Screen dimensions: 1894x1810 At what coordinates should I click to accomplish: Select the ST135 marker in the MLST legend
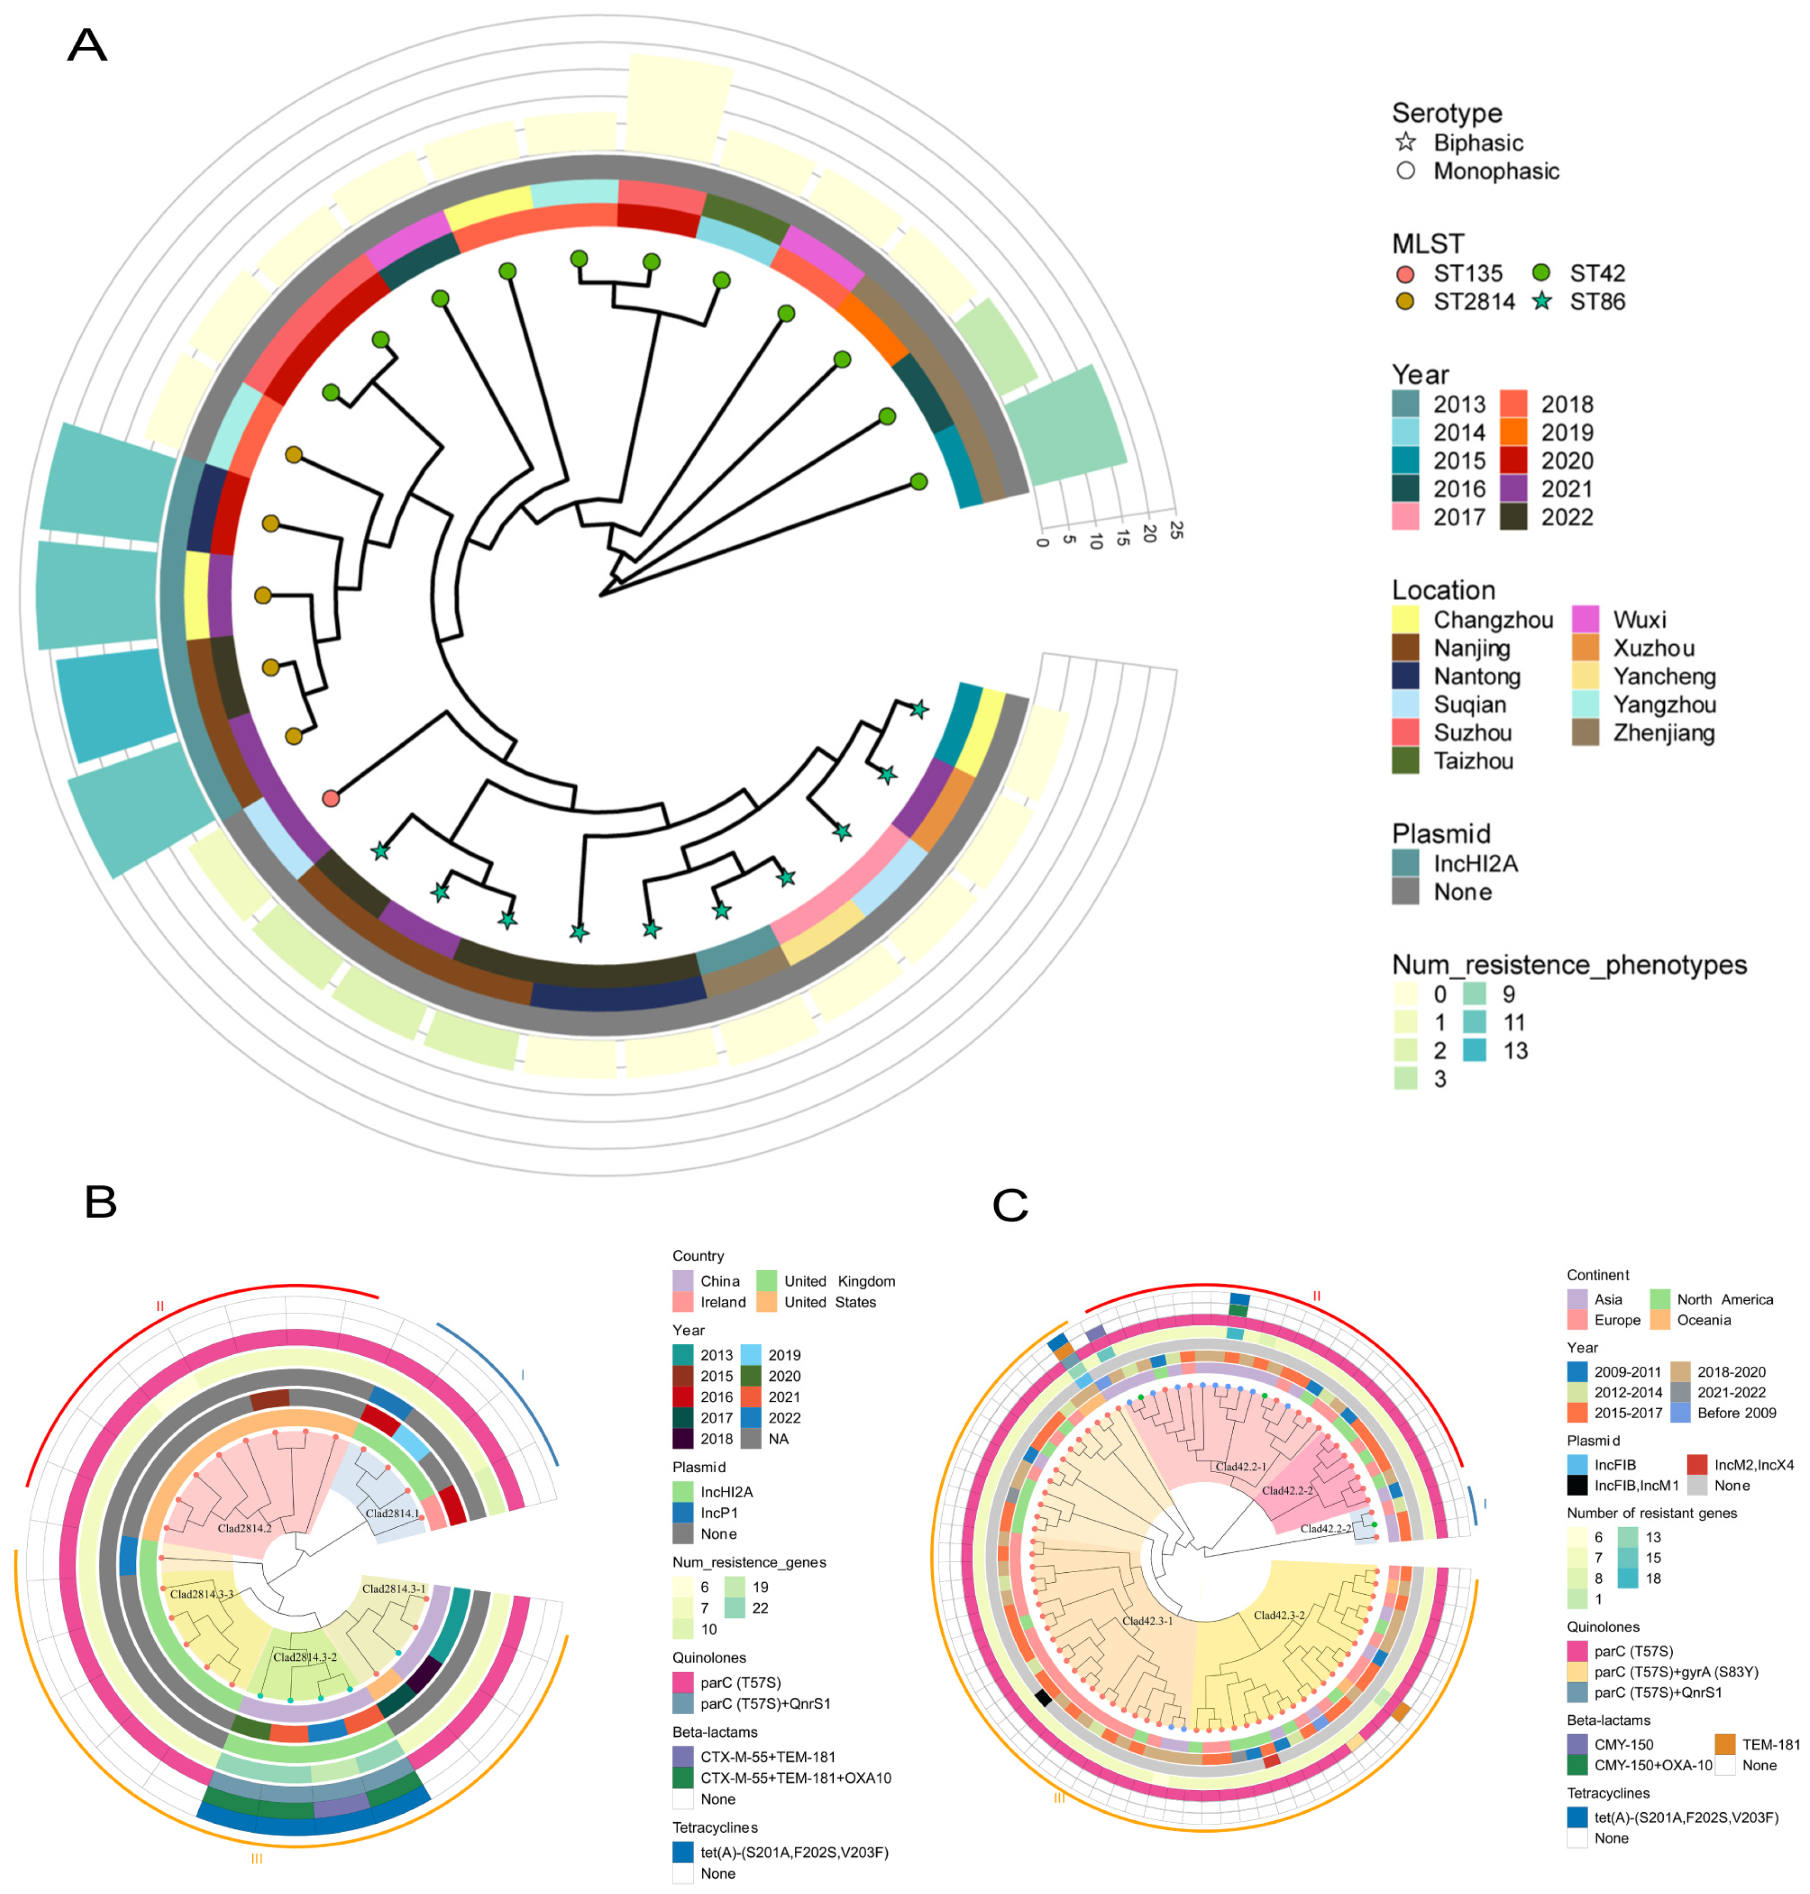point(1405,273)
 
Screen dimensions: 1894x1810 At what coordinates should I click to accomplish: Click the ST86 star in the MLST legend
point(1542,301)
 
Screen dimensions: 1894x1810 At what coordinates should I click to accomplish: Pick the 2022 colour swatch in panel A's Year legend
point(1513,517)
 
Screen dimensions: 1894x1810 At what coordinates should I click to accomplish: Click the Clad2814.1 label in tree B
point(392,1513)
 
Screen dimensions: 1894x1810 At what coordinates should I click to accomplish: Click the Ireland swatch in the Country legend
point(682,1302)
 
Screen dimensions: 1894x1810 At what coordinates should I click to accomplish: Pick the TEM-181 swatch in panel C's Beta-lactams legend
point(1725,1744)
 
